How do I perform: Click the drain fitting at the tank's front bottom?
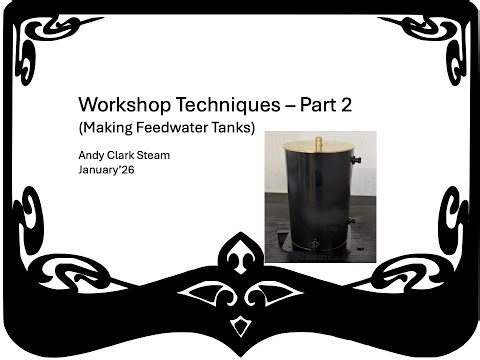(x=314, y=243)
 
